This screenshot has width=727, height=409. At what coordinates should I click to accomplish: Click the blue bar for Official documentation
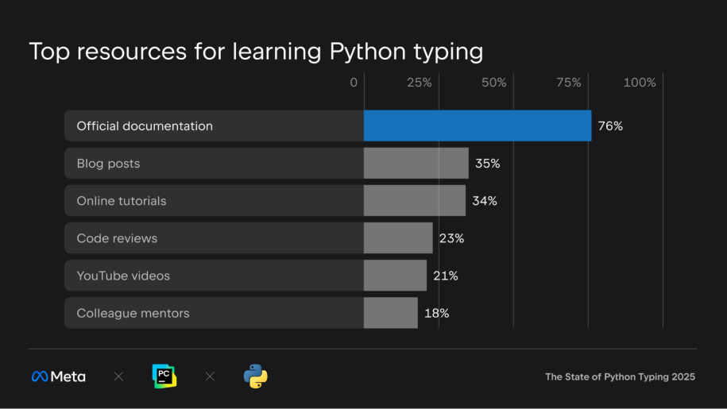click(477, 125)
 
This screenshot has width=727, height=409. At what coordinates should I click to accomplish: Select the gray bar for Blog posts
click(416, 163)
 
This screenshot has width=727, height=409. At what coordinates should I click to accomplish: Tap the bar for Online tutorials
click(414, 200)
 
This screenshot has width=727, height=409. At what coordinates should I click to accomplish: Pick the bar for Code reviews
click(398, 237)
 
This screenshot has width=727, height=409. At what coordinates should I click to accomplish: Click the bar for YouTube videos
click(395, 275)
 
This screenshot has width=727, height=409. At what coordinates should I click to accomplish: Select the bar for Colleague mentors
click(390, 313)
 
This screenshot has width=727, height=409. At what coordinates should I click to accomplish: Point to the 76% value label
click(610, 126)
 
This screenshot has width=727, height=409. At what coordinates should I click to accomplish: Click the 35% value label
click(487, 164)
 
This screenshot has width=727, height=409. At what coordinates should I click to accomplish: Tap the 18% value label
click(436, 313)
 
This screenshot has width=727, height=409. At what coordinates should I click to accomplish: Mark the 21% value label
click(446, 276)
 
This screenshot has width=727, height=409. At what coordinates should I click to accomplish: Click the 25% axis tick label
click(419, 83)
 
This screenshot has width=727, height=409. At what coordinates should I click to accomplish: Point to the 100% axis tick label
click(640, 83)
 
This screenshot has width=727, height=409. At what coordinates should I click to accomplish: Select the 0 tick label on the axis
click(354, 83)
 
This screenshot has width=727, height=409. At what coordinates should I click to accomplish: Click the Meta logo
click(58, 376)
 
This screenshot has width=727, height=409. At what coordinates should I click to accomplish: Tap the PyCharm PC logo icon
click(164, 376)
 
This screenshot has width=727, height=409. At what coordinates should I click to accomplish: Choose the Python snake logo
click(255, 376)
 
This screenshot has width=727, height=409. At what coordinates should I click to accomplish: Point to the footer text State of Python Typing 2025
click(620, 376)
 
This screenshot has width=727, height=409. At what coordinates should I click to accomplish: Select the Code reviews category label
click(117, 238)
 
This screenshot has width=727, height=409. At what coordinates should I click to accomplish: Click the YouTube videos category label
click(123, 276)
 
